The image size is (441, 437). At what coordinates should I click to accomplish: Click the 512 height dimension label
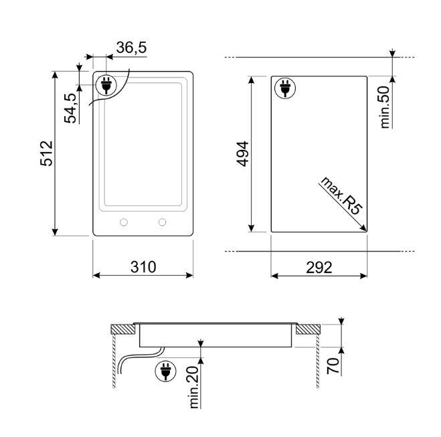pos(46,153)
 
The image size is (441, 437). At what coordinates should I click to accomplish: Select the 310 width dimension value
pos(143,267)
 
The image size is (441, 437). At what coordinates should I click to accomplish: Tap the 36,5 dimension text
pos(131,48)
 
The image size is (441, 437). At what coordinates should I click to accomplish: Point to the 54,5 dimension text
pos(70,108)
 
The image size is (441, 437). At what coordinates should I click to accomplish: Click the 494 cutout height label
pos(242,154)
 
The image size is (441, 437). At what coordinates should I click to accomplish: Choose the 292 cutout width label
pos(319,268)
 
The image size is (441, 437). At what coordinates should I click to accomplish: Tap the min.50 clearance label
pos(385,107)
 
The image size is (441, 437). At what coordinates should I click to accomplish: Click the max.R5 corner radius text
pos(341,196)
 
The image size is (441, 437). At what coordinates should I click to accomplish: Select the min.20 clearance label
pos(195,387)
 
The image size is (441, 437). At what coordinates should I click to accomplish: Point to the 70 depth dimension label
pos(333,366)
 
